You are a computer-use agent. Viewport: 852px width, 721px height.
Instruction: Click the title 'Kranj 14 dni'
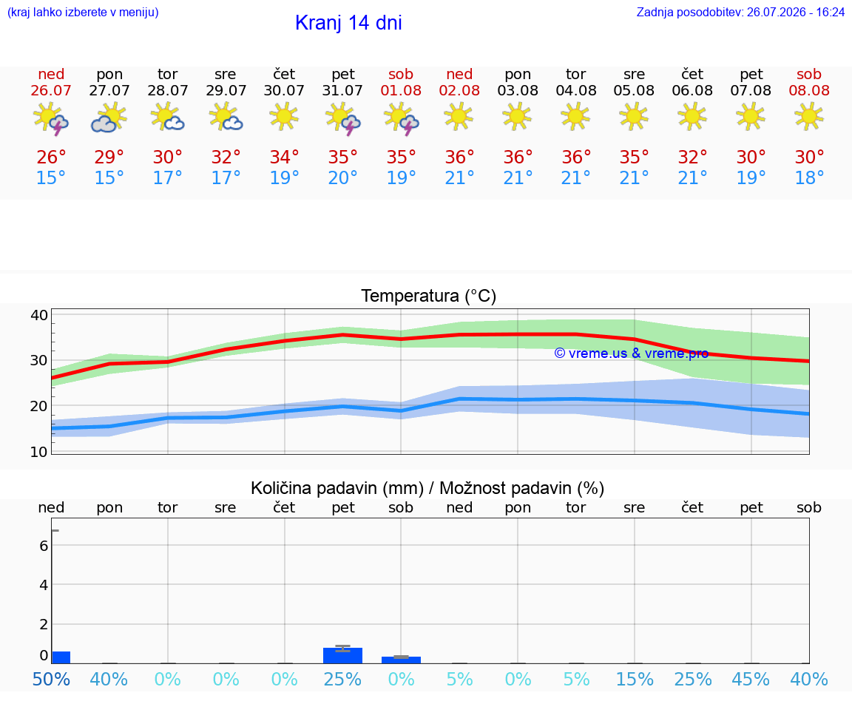pos(348,23)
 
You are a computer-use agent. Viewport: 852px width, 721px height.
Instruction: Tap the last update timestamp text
pos(740,12)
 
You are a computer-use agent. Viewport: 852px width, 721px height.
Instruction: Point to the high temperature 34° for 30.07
pos(284,157)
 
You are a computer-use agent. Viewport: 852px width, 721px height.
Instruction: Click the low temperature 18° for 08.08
pos(809,177)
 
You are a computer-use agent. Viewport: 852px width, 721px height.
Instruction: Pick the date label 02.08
pos(459,90)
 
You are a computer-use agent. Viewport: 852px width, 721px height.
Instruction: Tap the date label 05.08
pos(634,90)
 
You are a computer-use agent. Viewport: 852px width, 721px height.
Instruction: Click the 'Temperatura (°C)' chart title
pos(429,296)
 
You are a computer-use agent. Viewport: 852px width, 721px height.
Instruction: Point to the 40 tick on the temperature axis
pos(39,315)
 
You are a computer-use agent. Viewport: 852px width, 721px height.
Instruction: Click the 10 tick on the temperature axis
pos(39,452)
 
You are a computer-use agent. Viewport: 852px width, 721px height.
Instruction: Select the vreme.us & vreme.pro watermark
pos(632,353)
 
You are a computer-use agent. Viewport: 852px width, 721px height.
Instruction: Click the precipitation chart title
pos(427,488)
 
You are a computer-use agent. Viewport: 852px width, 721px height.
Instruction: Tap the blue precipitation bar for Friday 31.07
pos(343,655)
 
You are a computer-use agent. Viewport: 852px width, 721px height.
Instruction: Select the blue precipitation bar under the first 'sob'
pos(401,660)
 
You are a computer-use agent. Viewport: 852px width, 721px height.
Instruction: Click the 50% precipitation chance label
pos(51,679)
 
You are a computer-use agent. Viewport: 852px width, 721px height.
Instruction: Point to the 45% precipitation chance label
pos(751,679)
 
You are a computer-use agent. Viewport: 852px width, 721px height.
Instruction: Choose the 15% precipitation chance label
pos(634,679)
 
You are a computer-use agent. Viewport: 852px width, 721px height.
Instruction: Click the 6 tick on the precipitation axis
pos(44,546)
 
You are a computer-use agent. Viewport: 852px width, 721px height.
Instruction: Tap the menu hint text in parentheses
pos(83,12)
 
